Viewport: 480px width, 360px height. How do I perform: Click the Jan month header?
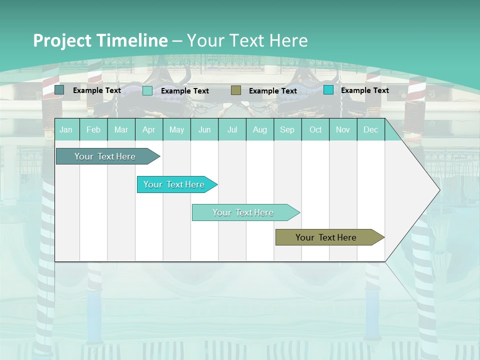click(x=66, y=129)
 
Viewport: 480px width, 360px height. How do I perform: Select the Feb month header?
click(x=93, y=129)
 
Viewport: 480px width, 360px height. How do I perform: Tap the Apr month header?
click(x=148, y=129)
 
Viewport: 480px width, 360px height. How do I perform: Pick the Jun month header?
click(x=204, y=129)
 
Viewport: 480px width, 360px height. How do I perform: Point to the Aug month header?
click(x=259, y=129)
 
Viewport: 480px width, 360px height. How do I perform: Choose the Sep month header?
click(x=287, y=129)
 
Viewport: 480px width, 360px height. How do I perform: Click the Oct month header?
click(x=315, y=129)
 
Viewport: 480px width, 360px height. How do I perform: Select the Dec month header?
click(x=370, y=129)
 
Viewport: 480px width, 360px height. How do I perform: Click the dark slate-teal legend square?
click(x=59, y=90)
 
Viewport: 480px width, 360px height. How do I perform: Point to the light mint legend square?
click(x=147, y=90)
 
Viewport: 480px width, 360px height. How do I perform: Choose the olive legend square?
click(x=236, y=90)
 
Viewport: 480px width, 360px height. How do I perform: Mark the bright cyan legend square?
click(x=328, y=90)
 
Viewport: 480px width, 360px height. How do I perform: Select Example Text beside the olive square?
click(x=272, y=91)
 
